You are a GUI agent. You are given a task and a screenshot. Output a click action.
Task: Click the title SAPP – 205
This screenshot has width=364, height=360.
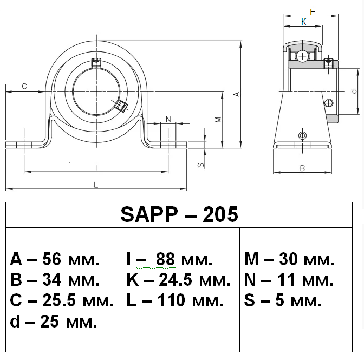[x=179, y=215]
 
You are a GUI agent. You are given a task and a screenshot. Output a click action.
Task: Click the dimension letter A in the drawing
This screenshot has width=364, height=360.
[x=236, y=94]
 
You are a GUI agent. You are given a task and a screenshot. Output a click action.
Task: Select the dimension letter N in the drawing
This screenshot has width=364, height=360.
[x=168, y=119]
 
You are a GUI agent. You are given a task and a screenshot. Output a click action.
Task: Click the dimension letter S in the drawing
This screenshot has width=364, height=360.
[x=200, y=165]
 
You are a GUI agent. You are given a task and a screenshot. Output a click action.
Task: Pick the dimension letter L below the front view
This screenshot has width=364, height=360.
[x=96, y=185]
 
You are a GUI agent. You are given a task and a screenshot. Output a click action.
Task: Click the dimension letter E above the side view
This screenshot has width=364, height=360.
[x=313, y=11]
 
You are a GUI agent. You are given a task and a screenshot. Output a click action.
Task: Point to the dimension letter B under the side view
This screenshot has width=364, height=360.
[x=302, y=168]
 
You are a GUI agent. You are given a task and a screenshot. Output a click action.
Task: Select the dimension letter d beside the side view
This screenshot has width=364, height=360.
[x=353, y=91]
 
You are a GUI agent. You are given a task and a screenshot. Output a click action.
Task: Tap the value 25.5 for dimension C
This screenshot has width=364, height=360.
[x=57, y=300]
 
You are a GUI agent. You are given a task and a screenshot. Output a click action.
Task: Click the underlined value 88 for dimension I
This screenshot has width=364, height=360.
[x=165, y=259]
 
